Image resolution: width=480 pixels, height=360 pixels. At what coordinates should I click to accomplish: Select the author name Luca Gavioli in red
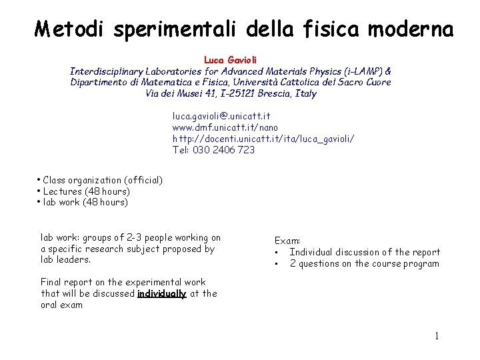[229, 60]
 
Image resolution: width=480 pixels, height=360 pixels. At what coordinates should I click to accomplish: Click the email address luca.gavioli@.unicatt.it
[221, 116]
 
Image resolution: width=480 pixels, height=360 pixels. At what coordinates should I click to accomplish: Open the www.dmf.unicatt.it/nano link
[225, 127]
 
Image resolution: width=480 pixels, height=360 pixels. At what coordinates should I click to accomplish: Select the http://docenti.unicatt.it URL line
[263, 139]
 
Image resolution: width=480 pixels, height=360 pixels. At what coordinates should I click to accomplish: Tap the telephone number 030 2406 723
[223, 150]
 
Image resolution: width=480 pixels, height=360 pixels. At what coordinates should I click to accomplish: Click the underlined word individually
[161, 293]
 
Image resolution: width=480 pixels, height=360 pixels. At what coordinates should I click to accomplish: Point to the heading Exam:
[288, 240]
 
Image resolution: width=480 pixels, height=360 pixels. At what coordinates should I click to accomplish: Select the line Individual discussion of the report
[365, 252]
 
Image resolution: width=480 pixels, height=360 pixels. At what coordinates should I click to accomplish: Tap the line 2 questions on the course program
[364, 263]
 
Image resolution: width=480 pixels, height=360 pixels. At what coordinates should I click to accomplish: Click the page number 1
[437, 336]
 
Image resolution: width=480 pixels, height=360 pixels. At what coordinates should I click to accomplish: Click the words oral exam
[61, 305]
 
